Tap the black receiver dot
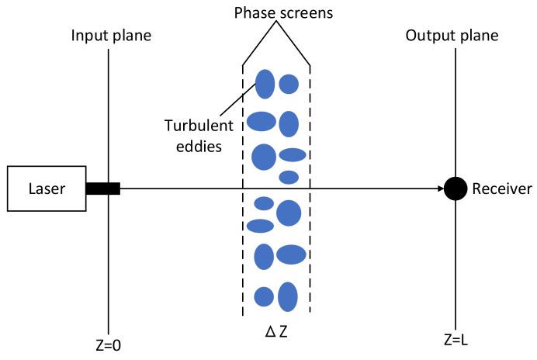click(x=456, y=189)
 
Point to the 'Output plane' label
click(x=452, y=36)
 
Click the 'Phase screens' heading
click(x=277, y=14)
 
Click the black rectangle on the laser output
click(x=103, y=189)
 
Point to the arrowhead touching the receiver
click(x=439, y=189)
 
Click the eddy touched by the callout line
click(x=265, y=84)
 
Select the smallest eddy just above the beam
click(x=289, y=177)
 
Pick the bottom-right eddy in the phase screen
click(x=288, y=296)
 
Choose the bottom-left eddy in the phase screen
click(x=264, y=296)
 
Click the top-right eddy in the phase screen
click(x=289, y=84)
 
